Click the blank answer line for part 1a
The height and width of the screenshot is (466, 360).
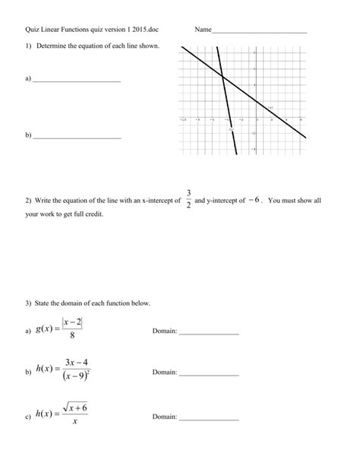tap(77, 81)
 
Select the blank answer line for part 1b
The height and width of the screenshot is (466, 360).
tap(77, 138)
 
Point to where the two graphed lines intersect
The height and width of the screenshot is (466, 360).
tap(221, 75)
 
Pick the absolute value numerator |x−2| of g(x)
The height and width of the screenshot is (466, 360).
tap(72, 324)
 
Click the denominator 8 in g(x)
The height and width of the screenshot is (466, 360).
tap(72, 338)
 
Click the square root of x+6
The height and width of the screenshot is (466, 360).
tap(75, 408)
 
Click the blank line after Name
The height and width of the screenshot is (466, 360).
tap(259, 32)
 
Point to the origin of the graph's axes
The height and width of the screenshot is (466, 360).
tap(257, 119)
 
